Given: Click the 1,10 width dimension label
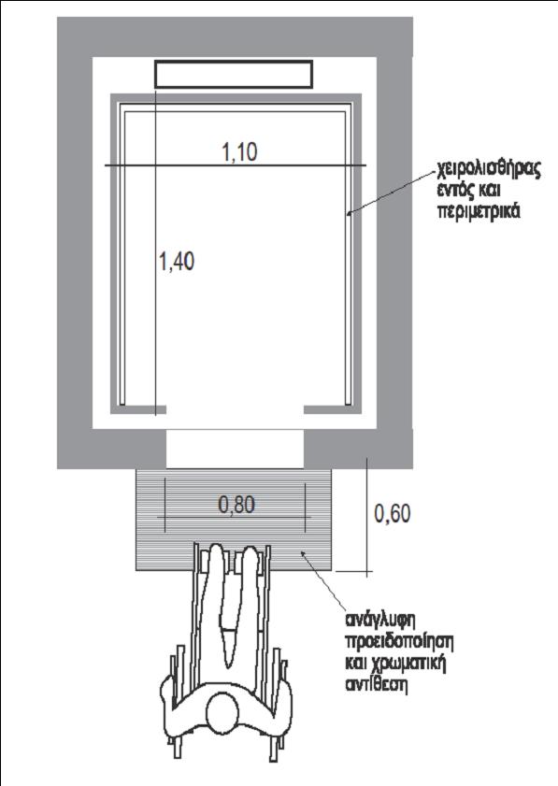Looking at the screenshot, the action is pyautogui.click(x=239, y=152).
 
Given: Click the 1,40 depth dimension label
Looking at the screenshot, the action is pyautogui.click(x=177, y=261).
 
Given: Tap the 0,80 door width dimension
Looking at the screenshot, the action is pyautogui.click(x=236, y=505).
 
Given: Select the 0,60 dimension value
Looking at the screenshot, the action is pyautogui.click(x=393, y=513).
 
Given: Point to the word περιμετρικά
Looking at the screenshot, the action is pyautogui.click(x=479, y=211).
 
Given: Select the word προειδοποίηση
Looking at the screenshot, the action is pyautogui.click(x=400, y=642).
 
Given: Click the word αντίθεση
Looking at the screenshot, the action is pyautogui.click(x=376, y=685).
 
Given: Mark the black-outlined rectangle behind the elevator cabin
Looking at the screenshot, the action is pyautogui.click(x=234, y=74).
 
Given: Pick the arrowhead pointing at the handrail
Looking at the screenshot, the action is pyautogui.click(x=350, y=213).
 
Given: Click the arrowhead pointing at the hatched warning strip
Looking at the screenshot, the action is pyautogui.click(x=304, y=553).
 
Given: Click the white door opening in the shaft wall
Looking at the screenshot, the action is pyautogui.click(x=236, y=449).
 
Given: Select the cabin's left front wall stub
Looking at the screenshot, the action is pyautogui.click(x=138, y=409).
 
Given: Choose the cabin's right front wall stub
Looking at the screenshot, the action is pyautogui.click(x=333, y=409).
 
